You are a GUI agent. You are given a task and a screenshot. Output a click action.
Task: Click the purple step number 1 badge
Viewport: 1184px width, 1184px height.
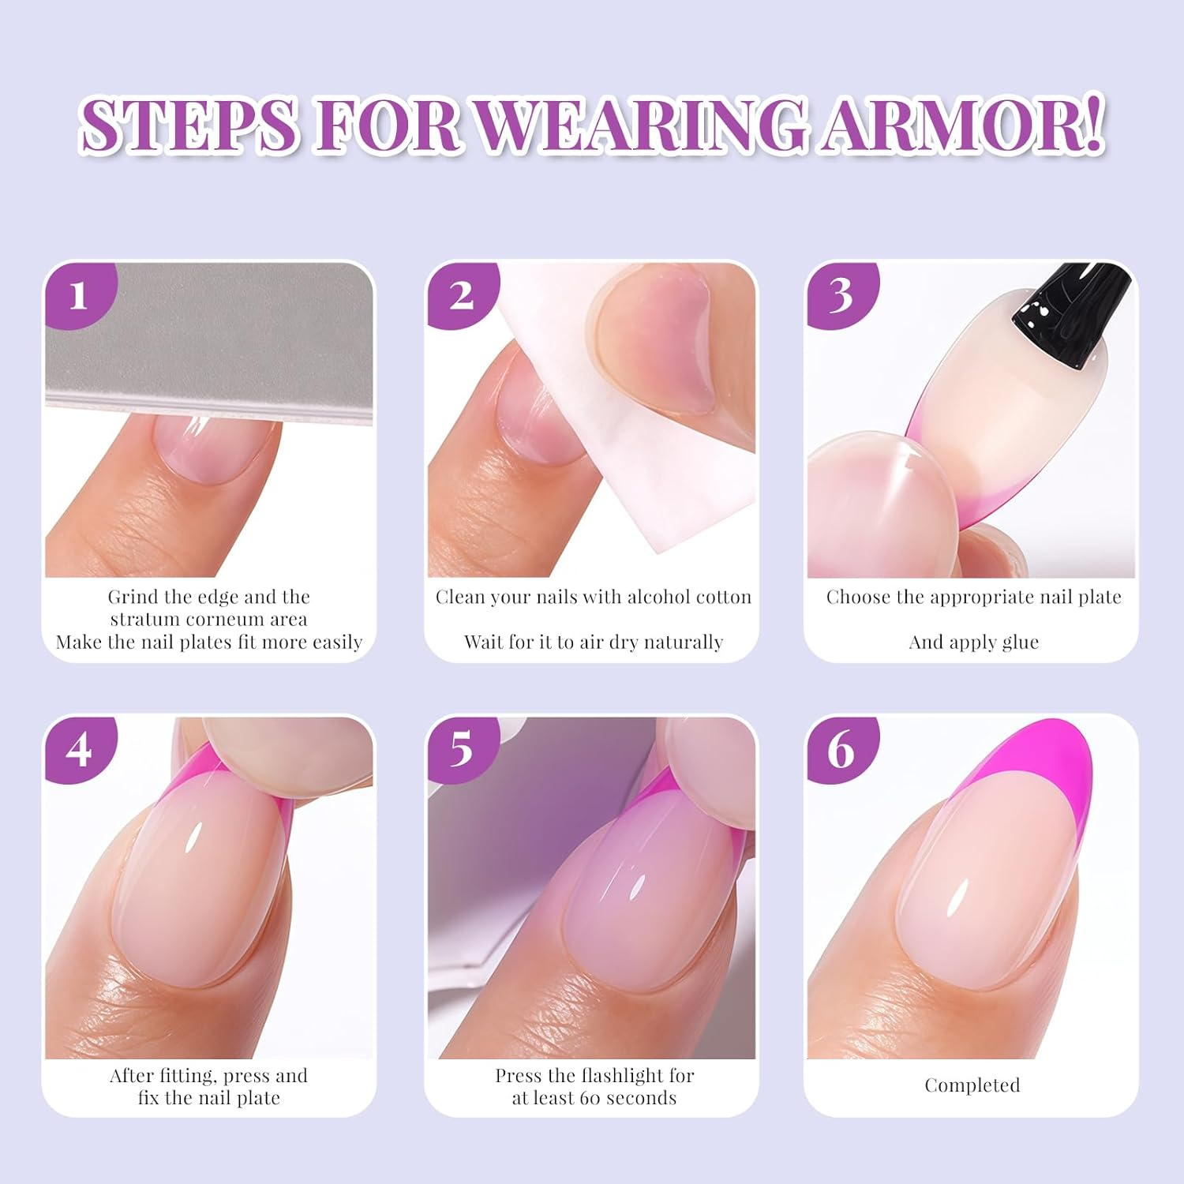pos(78,295)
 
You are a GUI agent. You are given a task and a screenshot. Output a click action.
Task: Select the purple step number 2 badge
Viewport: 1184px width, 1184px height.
pos(461,295)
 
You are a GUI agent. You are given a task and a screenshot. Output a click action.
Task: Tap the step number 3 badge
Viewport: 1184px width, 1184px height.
pos(841,295)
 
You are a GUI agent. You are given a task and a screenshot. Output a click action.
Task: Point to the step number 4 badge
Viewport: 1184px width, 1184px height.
pos(78,749)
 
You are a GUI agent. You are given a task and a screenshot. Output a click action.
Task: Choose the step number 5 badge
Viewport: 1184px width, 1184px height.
pos(461,749)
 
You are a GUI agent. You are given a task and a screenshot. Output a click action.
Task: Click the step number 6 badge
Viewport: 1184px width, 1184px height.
pos(841,749)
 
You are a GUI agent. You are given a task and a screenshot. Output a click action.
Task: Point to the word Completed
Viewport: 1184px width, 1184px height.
pos(972,1085)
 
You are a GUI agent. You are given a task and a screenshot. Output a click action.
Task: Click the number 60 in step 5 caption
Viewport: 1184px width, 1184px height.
pos(591,1098)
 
